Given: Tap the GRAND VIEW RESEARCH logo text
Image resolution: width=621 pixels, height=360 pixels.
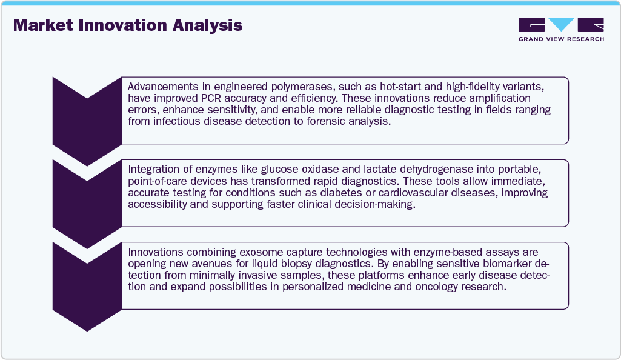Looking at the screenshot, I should (561, 39).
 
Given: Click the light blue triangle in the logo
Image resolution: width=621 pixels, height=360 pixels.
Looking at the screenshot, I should (561, 24).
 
